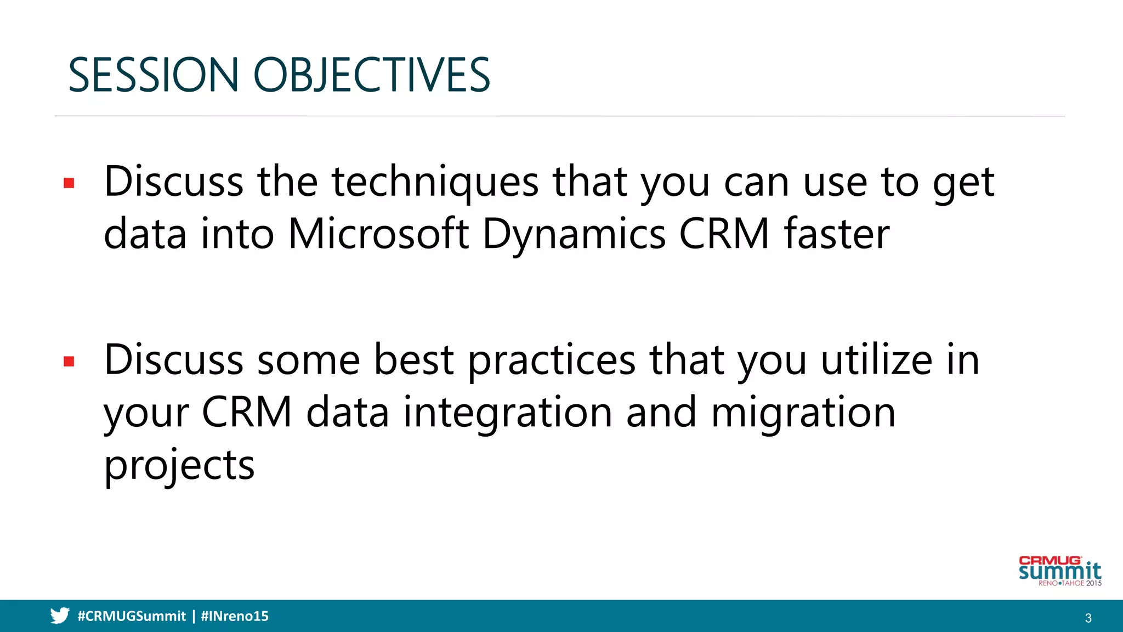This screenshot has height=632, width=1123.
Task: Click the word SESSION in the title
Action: point(153,75)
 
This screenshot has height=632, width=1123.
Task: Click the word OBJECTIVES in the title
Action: point(371,75)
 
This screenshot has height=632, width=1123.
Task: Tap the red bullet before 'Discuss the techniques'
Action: point(69,183)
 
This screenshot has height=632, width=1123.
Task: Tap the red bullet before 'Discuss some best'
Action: point(69,362)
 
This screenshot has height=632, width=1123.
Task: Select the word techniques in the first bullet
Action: point(435,182)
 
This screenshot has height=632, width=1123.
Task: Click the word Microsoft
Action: point(378,234)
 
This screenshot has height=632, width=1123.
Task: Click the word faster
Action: point(836,234)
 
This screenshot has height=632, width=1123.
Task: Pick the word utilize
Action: point(876,360)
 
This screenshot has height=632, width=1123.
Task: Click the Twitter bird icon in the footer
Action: point(60,616)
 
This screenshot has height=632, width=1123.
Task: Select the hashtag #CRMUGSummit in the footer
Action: point(132,616)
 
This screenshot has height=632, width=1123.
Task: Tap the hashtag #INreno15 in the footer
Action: point(235,616)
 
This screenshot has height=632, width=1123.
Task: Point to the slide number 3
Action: point(1088,618)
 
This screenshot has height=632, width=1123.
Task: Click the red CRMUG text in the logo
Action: point(1050,561)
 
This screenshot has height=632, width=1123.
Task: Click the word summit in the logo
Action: point(1059,572)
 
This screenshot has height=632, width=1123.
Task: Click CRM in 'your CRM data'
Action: point(247,413)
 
